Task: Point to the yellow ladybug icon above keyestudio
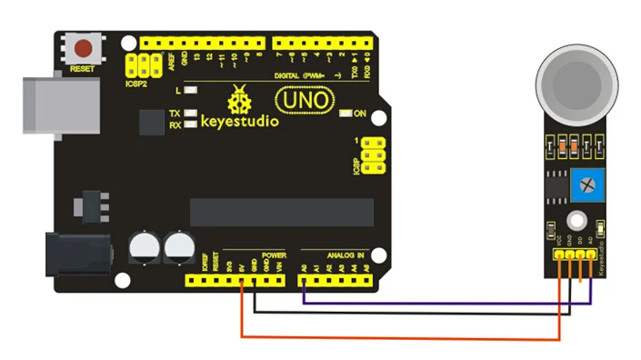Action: coord(242,97)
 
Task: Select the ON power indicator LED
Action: coord(346,114)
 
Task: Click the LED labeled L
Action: coord(191,91)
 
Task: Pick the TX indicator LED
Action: coord(190,114)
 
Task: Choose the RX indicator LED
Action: coord(190,125)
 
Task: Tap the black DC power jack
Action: coord(77,254)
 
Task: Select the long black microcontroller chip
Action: coord(282,213)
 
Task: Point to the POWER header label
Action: coord(274,255)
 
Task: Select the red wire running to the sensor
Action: coord(400,338)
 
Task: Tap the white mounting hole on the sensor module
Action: coord(575,219)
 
